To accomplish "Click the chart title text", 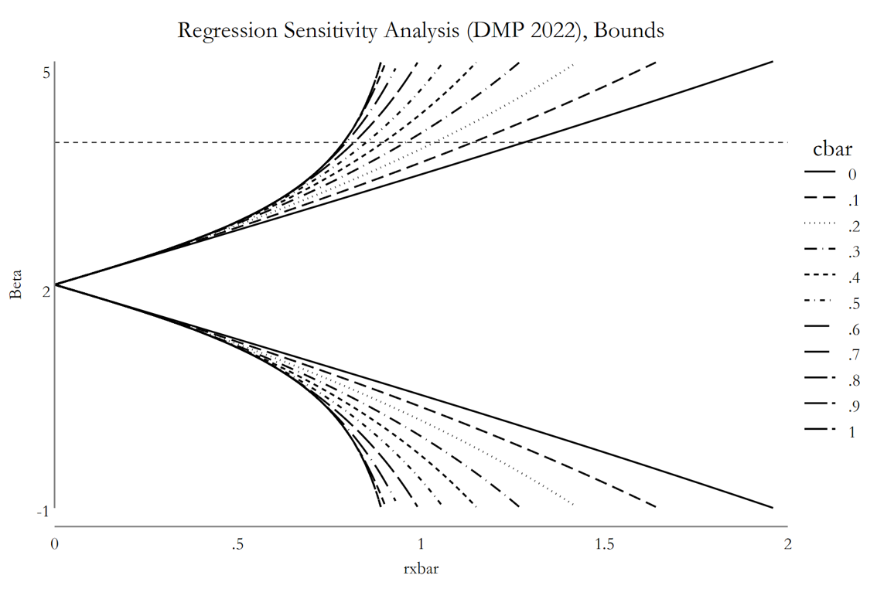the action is tap(421, 30).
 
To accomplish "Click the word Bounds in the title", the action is tap(630, 29).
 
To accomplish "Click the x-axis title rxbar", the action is tap(421, 569).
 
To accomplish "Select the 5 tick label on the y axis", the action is tap(46, 73).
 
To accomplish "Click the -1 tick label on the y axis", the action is tap(43, 512).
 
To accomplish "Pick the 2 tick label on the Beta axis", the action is tap(46, 291).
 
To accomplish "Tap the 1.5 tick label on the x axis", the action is tap(604, 543).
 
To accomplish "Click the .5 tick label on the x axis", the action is tap(237, 543).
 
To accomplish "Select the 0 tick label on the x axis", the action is tap(54, 543).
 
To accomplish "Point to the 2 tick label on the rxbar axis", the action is tap(787, 543).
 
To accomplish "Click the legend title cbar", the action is tap(832, 148).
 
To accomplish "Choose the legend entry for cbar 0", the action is tap(831, 175).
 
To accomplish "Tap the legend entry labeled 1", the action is tap(830, 432).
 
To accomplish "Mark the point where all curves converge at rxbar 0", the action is tap(55, 285).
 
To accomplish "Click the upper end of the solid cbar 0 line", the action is tap(773, 61).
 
